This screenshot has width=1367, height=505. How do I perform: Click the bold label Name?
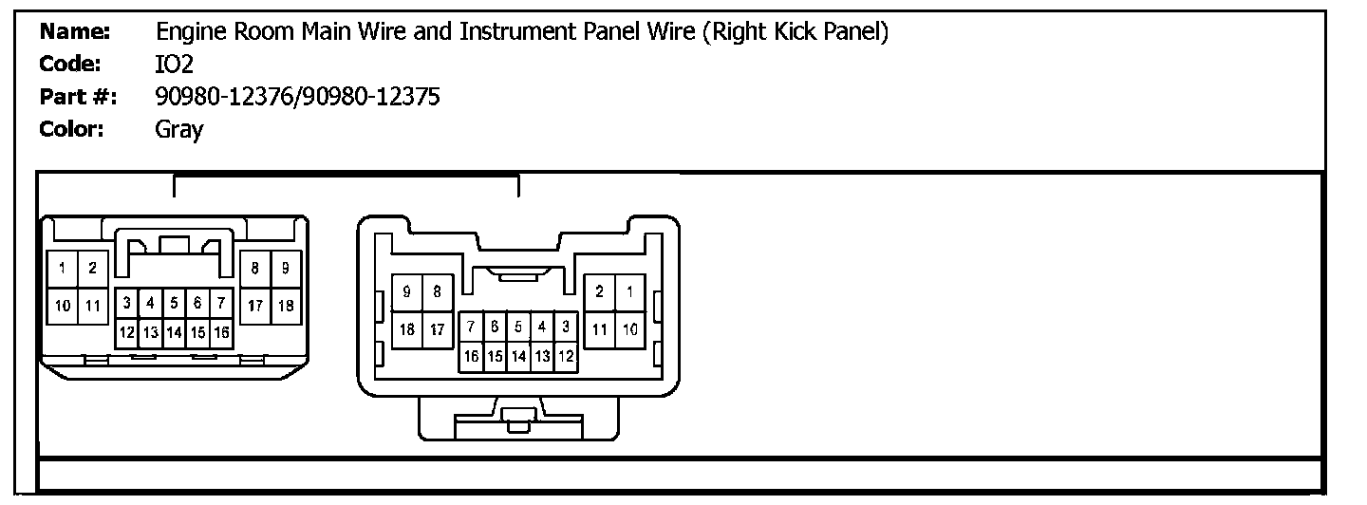coord(76,32)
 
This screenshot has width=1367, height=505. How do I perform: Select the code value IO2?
coord(175,65)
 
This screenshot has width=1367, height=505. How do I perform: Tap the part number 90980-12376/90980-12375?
coord(297,97)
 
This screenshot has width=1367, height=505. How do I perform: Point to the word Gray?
coord(178,130)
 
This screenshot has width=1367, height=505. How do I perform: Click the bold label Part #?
coord(78,97)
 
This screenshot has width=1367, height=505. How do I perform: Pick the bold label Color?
coord(72,129)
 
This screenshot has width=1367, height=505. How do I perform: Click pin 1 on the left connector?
coord(62,269)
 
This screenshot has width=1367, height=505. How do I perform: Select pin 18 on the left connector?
coord(287,306)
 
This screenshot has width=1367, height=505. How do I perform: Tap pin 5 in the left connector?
coord(175,304)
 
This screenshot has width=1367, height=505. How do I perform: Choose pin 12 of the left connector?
coord(126,332)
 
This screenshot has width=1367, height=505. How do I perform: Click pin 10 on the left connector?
coord(62,306)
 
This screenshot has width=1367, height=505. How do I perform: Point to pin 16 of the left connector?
coord(221,332)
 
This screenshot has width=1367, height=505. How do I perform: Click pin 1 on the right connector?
coord(628,292)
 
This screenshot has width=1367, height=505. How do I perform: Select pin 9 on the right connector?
coord(407,292)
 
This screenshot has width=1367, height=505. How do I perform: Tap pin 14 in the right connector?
coord(518,356)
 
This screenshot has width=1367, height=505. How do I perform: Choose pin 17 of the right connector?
coord(437,329)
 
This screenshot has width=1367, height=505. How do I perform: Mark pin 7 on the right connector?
coord(471,327)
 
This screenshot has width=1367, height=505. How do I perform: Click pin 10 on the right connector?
coord(628,329)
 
